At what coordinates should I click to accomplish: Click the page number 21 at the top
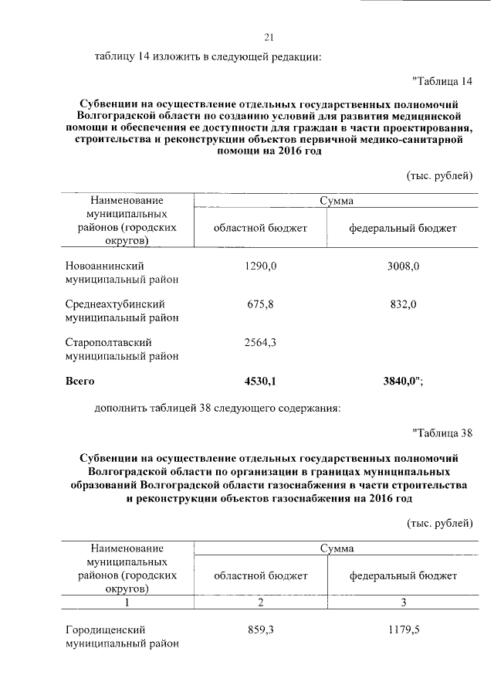[269, 37]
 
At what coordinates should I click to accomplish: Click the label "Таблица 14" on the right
[442, 82]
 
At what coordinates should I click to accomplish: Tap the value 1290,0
[260, 266]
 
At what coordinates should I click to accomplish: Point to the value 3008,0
[402, 266]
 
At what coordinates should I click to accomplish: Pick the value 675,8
[260, 304]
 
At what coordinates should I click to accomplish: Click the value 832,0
[402, 304]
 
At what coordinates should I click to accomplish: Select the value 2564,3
[260, 343]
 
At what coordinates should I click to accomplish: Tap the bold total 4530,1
[260, 381]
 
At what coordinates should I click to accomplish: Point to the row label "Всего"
[80, 381]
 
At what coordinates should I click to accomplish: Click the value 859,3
[260, 629]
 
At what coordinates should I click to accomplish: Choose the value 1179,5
[402, 629]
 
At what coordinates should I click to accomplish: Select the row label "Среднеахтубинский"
[115, 304]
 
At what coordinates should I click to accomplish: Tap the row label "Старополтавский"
[108, 343]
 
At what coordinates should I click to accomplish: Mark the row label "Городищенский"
[106, 629]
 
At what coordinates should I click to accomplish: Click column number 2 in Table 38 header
[260, 602]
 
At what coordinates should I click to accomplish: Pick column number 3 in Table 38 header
[402, 602]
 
